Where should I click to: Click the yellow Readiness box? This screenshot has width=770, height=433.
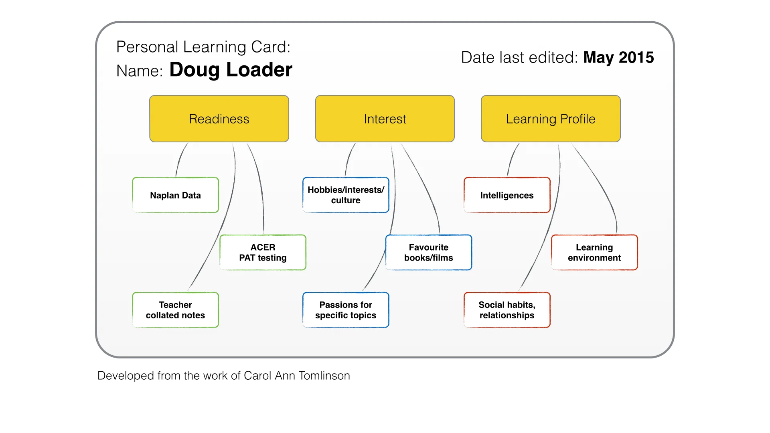click(219, 119)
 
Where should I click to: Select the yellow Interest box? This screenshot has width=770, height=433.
click(385, 119)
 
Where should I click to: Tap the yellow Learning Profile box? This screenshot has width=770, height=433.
click(551, 119)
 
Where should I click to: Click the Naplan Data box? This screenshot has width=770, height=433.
click(176, 195)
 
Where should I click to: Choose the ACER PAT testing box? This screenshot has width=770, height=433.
click(263, 253)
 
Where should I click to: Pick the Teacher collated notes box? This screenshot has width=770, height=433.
click(176, 310)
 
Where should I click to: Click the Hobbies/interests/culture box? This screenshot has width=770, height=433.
click(346, 195)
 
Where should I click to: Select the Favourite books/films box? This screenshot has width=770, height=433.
click(429, 253)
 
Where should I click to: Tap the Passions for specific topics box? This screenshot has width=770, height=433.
click(346, 310)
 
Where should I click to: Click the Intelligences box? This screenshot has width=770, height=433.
click(507, 195)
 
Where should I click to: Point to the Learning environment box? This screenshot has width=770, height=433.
click(594, 253)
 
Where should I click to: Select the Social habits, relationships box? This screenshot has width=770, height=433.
click(507, 310)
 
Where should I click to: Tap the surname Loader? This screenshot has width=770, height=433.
click(259, 70)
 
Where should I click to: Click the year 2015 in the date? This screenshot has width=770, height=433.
click(636, 58)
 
